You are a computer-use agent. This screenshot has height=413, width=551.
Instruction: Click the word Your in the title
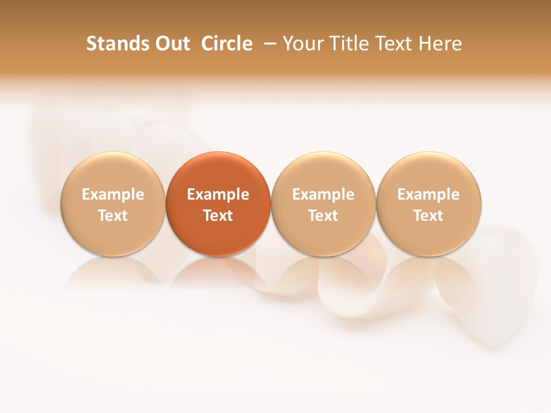302,44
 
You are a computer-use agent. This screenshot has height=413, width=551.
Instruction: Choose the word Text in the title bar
393,44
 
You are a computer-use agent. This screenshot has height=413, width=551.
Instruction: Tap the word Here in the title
441,44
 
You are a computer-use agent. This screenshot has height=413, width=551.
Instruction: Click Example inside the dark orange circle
218,194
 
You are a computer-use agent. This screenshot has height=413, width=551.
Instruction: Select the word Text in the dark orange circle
218,216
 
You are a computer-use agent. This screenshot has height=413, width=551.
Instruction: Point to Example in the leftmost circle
112,194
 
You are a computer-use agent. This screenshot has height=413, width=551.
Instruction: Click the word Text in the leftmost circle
112,216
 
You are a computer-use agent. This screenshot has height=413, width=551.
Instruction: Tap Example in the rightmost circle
428,194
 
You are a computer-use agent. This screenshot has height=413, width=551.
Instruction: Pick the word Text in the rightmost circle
428,216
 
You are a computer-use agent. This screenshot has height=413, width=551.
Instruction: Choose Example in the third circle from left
323,194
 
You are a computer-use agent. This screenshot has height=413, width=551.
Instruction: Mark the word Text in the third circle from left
323,216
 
